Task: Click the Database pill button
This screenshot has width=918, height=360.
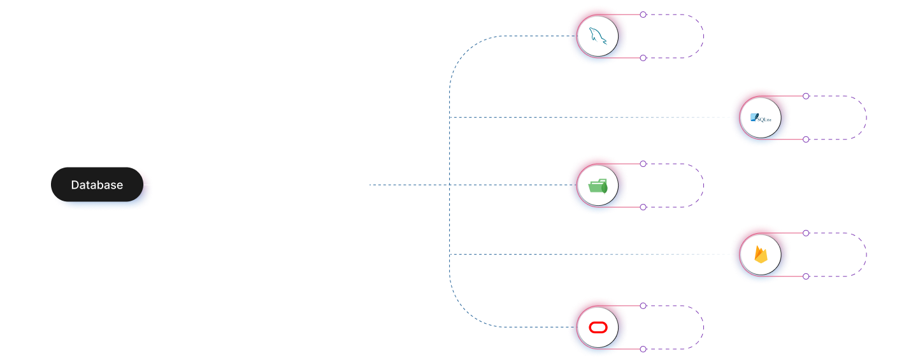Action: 97,185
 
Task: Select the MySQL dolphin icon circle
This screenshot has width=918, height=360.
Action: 598,36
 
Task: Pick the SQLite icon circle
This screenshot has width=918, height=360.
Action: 761,118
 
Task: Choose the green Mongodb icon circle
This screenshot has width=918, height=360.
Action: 598,185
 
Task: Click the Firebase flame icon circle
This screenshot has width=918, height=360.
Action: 761,255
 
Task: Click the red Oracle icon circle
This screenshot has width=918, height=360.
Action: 598,328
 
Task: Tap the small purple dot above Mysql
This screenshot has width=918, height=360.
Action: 643,15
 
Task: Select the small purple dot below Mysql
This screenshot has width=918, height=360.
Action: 643,58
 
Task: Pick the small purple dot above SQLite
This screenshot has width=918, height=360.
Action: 806,96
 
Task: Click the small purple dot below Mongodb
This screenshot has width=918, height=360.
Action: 643,207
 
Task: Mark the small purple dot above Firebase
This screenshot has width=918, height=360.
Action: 806,233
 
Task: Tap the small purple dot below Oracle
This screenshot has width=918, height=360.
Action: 643,349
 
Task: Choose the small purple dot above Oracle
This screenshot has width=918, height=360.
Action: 643,306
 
